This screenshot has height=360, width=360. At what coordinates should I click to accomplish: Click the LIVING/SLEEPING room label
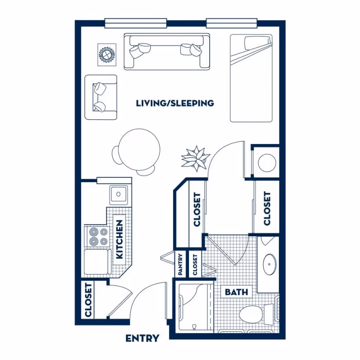click(175, 103)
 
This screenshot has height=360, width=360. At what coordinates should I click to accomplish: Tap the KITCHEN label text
click(120, 239)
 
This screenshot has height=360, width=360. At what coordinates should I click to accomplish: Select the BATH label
click(236, 292)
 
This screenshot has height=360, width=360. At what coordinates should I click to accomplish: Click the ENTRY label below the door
click(142, 338)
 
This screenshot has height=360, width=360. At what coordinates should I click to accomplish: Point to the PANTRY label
click(180, 265)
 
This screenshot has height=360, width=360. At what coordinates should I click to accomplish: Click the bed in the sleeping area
click(252, 78)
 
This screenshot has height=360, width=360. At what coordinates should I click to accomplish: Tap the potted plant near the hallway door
click(196, 158)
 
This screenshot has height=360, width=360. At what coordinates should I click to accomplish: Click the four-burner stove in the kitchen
click(99, 236)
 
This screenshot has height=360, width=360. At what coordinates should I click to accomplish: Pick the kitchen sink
click(119, 194)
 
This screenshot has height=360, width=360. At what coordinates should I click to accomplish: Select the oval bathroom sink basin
click(270, 265)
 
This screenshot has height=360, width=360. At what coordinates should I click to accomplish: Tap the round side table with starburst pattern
click(107, 54)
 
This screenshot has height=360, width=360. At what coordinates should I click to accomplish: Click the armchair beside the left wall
click(101, 97)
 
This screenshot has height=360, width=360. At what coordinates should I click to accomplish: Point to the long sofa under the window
click(166, 51)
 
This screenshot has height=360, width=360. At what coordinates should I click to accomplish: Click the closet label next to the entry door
click(89, 299)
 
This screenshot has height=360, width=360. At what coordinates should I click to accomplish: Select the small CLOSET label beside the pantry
click(195, 265)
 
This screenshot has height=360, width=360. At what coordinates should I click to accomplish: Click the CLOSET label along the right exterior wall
click(267, 209)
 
